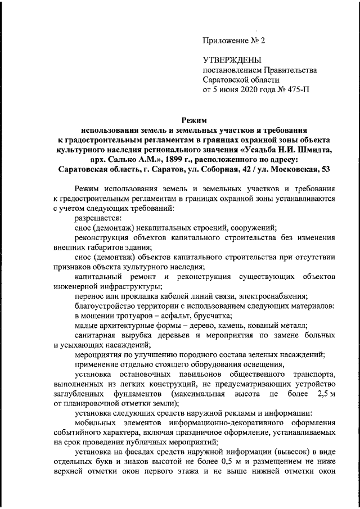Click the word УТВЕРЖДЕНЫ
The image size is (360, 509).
coord(231,60)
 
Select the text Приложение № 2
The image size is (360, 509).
coord(233,40)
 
